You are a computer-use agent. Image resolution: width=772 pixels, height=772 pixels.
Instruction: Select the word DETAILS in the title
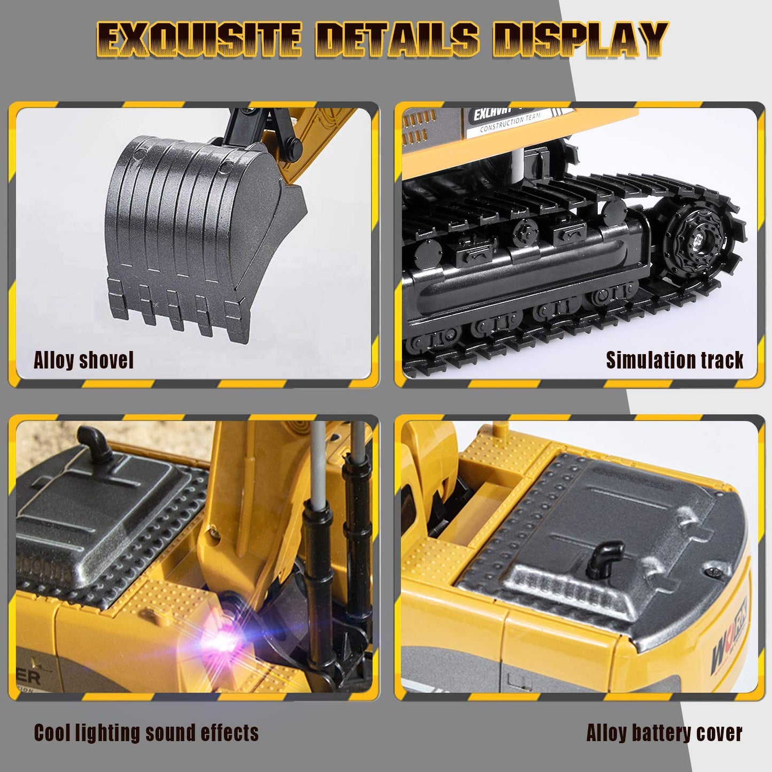tap(396, 40)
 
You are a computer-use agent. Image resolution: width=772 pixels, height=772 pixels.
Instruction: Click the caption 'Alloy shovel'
tap(83, 360)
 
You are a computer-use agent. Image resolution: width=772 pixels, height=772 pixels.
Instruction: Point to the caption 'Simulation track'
tap(674, 360)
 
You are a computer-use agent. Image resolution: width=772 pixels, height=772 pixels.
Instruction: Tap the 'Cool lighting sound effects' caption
tap(146, 732)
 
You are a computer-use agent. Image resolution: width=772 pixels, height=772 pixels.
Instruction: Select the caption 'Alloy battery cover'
tap(664, 732)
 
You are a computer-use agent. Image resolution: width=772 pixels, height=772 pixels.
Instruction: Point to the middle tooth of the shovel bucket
tap(174, 310)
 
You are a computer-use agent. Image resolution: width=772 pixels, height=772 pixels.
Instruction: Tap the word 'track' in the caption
tap(722, 360)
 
